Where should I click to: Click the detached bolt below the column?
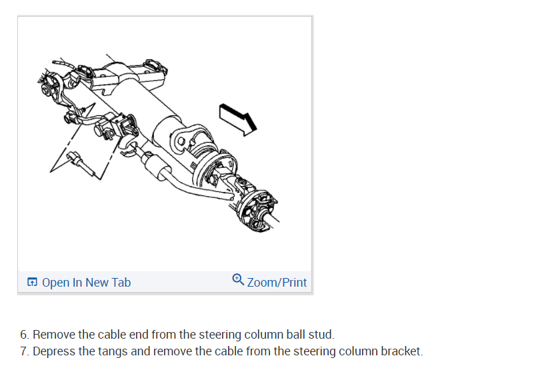83,163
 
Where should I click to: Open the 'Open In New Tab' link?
86,283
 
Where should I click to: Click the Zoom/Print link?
277,283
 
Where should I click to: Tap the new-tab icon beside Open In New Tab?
32,283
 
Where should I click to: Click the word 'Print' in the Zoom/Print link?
294,283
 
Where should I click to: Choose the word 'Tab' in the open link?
121,283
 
